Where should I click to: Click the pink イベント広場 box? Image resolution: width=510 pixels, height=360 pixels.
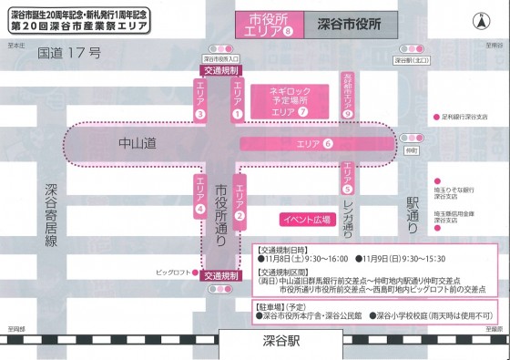[x=302, y=220]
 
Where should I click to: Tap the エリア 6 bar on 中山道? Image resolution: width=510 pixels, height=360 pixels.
[x=314, y=143]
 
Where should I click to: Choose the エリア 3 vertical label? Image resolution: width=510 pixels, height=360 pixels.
[x=199, y=100]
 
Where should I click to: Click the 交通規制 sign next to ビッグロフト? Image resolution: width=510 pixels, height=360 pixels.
[x=221, y=274]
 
